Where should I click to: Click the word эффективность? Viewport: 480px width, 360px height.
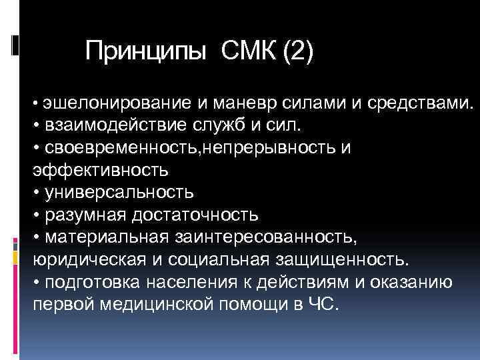click(101, 170)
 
